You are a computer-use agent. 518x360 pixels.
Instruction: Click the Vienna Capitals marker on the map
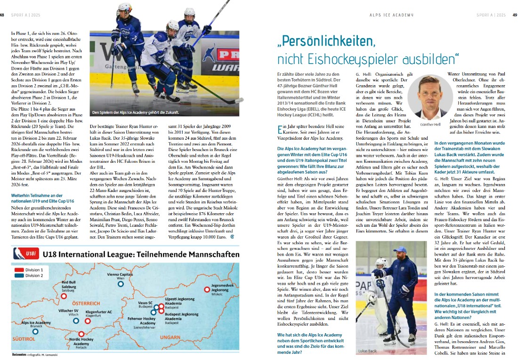tap(121, 284)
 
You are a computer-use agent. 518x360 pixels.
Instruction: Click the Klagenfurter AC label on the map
tap(99, 312)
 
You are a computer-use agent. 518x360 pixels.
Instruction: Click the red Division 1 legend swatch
tap(19, 270)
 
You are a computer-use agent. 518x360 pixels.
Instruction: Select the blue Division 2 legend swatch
tap(19, 276)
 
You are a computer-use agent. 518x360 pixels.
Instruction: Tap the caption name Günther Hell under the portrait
tap(430, 124)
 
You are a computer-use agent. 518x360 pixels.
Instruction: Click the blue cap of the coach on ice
tap(400, 249)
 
